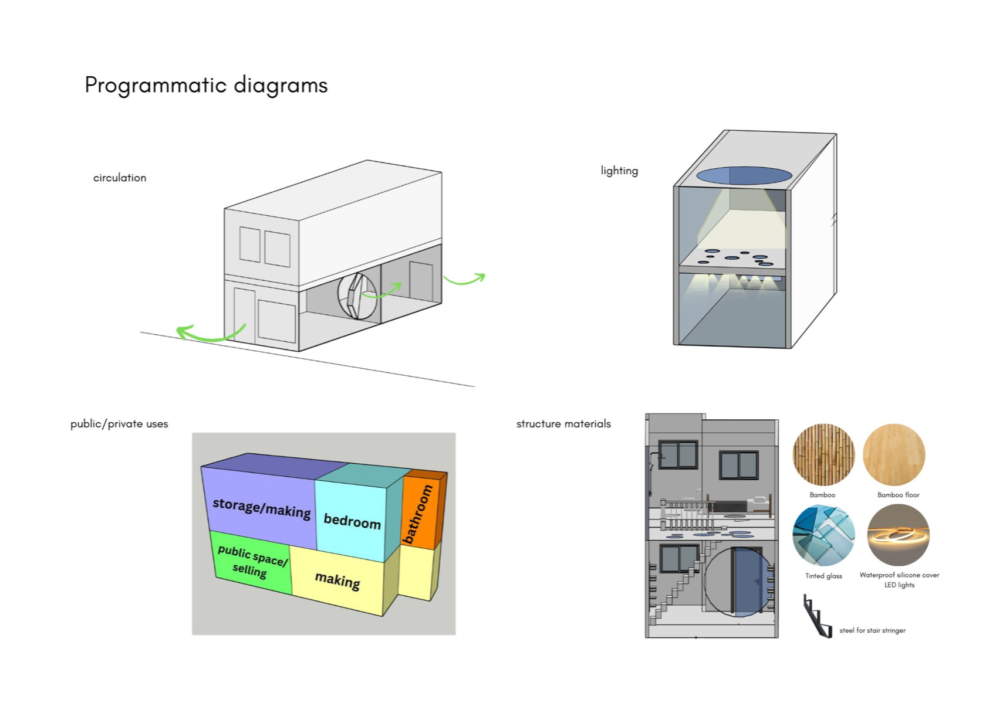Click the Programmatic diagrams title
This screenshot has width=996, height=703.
point(206,86)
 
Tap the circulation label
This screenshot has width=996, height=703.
point(120,178)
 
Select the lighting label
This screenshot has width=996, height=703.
point(619,171)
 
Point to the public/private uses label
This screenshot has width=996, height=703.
point(119,424)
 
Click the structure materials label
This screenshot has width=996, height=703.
point(563,424)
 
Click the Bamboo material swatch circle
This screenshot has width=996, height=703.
point(823,455)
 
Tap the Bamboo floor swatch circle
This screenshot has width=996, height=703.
point(894,455)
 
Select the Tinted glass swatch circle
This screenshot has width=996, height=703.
point(823,535)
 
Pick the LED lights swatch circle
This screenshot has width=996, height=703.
point(898,535)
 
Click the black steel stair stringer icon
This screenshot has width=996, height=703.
point(818,617)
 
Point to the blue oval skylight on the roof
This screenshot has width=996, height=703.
point(744,175)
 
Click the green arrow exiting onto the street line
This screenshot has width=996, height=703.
point(208,335)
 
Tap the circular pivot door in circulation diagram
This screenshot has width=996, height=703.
point(357,296)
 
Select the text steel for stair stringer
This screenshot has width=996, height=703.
point(872,631)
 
